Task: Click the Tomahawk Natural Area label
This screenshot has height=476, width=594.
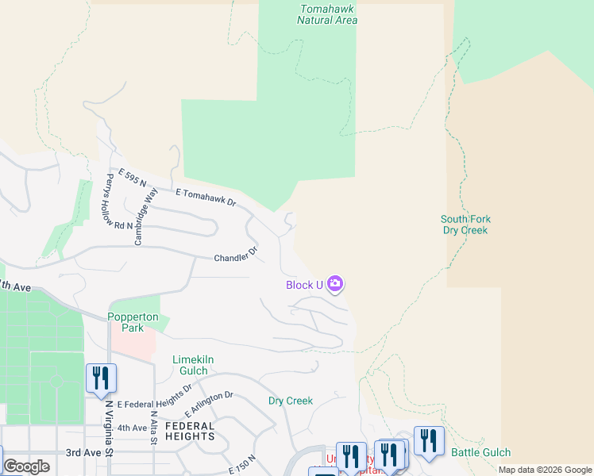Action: (326, 14)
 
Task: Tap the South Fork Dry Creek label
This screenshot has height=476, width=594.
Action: (465, 225)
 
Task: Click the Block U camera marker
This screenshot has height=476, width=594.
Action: (335, 284)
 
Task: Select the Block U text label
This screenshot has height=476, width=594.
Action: (304, 285)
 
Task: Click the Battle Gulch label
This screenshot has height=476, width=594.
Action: (480, 452)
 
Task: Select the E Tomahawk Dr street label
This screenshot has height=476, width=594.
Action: (206, 198)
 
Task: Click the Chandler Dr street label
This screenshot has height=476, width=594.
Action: (236, 255)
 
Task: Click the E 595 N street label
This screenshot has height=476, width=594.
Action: (133, 178)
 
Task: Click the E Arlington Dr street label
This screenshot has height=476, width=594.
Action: (209, 404)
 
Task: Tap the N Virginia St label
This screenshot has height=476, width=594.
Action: (110, 428)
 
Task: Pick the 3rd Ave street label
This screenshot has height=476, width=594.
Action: (83, 452)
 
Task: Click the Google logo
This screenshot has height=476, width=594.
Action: (26, 466)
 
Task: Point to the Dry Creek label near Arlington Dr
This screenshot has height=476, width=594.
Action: (290, 401)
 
